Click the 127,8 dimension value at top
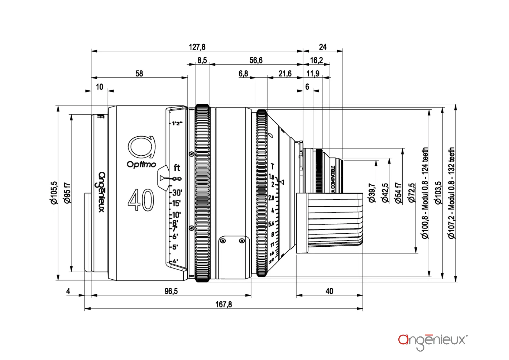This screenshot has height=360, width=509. click(197, 47)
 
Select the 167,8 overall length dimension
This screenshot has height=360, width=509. click(223, 304)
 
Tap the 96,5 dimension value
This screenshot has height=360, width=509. click(171, 291)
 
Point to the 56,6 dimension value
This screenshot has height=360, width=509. click(256, 60)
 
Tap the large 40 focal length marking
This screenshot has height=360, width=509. click(141, 200)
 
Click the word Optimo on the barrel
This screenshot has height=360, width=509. click(141, 164)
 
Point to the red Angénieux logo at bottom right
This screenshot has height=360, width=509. click(433, 341)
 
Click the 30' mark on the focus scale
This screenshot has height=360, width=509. click(177, 193)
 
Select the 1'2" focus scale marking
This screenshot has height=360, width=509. click(177, 123)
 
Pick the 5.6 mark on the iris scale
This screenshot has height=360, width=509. click(271, 224)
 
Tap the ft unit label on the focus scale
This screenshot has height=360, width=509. click(177, 167)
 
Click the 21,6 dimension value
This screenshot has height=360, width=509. click(285, 74)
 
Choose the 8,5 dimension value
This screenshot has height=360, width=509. click(202, 60)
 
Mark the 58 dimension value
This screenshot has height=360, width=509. click(139, 74)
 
